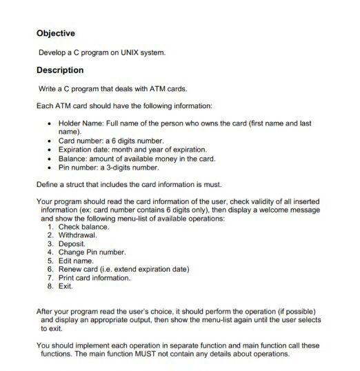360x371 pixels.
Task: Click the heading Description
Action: pyautogui.click(x=59, y=70)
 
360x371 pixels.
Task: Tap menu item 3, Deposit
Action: pyautogui.click(x=72, y=245)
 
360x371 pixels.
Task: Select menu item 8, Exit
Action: pyautogui.click(x=66, y=287)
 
